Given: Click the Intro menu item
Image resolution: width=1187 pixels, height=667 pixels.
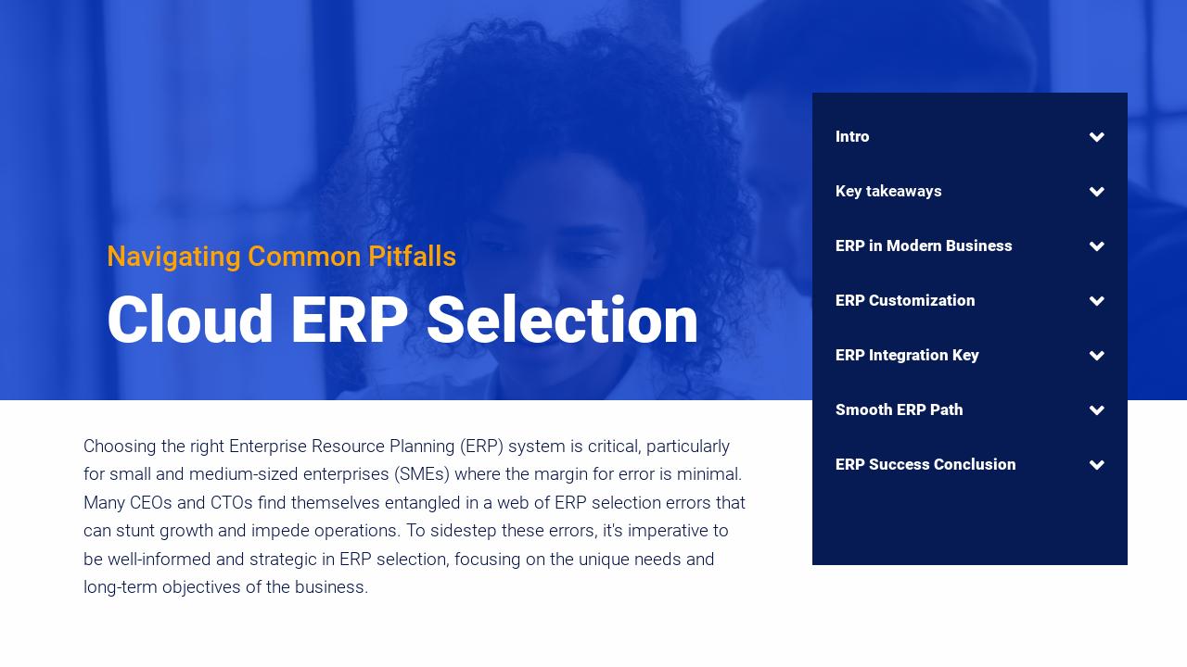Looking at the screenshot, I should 852,137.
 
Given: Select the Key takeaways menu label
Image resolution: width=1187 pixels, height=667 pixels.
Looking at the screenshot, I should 888,192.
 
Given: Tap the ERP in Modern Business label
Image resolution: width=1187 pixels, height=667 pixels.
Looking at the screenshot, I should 924,246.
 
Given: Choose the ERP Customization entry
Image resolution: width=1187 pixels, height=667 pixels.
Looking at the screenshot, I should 905,301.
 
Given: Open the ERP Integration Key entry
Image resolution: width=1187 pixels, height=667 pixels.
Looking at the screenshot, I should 907,356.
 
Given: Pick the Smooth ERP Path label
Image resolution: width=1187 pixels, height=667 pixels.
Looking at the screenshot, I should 899,410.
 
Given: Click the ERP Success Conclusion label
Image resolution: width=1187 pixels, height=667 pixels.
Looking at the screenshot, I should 925,465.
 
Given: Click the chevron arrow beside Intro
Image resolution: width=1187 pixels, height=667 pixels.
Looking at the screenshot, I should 1097,137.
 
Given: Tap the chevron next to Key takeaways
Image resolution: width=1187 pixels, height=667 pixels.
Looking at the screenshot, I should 1097,192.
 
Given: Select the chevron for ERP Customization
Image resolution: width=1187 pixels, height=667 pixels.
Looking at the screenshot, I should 1097,301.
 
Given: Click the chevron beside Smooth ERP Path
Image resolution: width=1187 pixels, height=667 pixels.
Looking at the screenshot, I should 1097,410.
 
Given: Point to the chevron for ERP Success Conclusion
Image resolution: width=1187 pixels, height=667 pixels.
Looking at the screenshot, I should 1097,465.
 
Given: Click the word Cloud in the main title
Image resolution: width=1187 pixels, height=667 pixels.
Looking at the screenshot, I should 190,321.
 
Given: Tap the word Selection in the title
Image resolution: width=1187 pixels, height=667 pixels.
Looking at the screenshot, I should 562,321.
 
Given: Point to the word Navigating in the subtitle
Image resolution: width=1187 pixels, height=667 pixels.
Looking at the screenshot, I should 173,257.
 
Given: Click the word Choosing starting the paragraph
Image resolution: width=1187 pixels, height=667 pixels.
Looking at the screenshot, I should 120,447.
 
